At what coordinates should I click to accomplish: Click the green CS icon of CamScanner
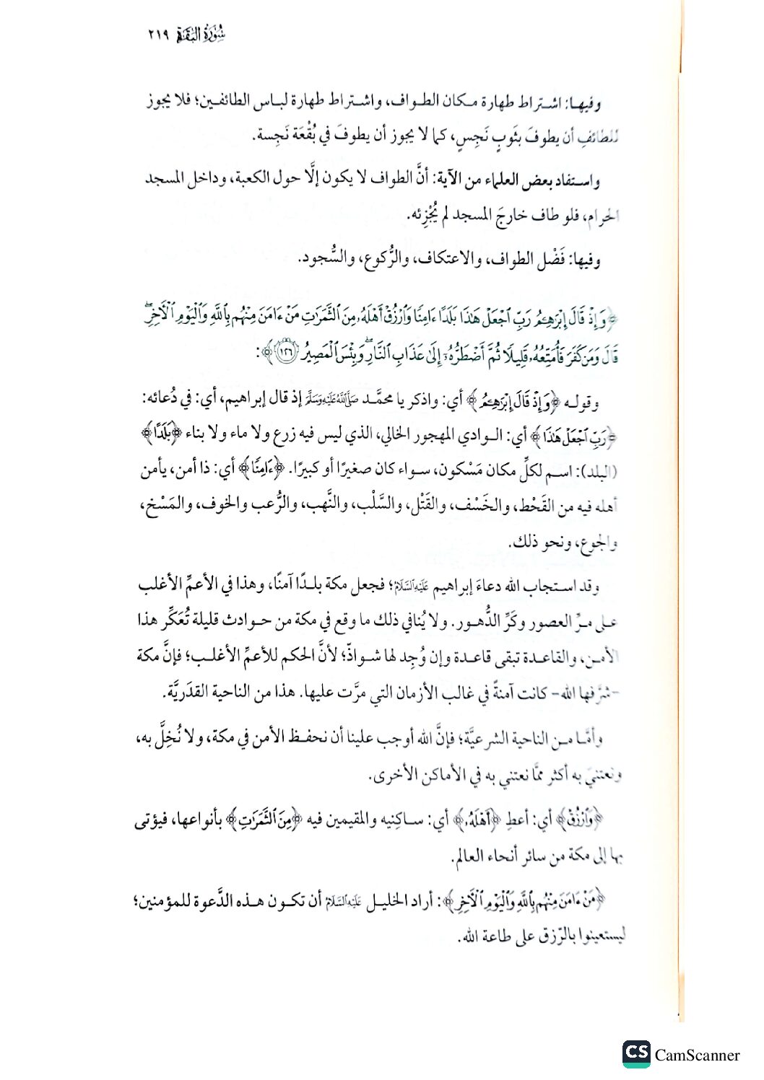coord(635,1053)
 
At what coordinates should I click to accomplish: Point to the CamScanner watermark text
coord(697,1055)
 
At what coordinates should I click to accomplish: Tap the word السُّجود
coord(319,258)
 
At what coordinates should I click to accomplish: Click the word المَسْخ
coord(164,506)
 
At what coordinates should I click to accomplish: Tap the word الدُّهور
coord(483,621)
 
